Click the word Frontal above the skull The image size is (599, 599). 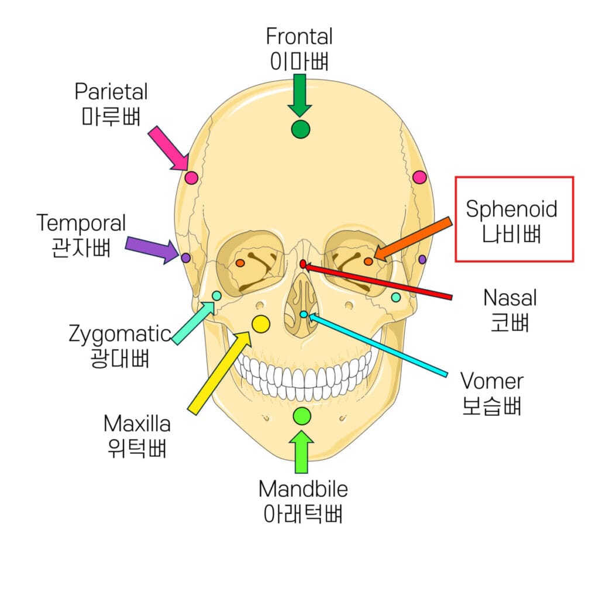(299, 36)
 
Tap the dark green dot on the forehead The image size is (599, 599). (300, 129)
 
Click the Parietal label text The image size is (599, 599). (111, 91)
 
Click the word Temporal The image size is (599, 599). (81, 223)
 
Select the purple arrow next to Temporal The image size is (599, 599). (152, 249)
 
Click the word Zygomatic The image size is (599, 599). (119, 334)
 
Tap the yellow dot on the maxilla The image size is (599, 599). (260, 323)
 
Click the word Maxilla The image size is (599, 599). (137, 423)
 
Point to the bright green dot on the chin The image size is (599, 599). (302, 416)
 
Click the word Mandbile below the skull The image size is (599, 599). (303, 488)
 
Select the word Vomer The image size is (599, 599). (491, 381)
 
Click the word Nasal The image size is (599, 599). (510, 298)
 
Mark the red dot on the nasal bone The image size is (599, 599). (303, 264)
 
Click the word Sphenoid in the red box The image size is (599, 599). (511, 209)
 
